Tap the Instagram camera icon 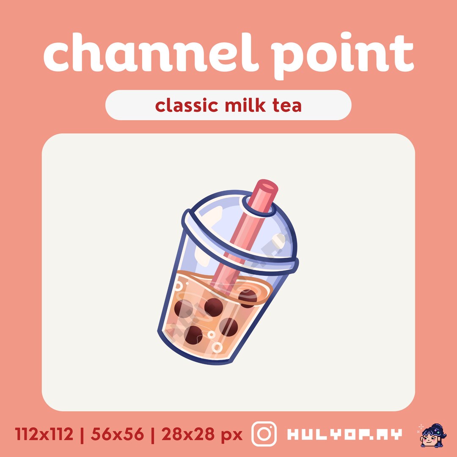264,434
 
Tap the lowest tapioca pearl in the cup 193,334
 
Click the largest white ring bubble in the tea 217,347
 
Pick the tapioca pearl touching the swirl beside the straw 247,298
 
